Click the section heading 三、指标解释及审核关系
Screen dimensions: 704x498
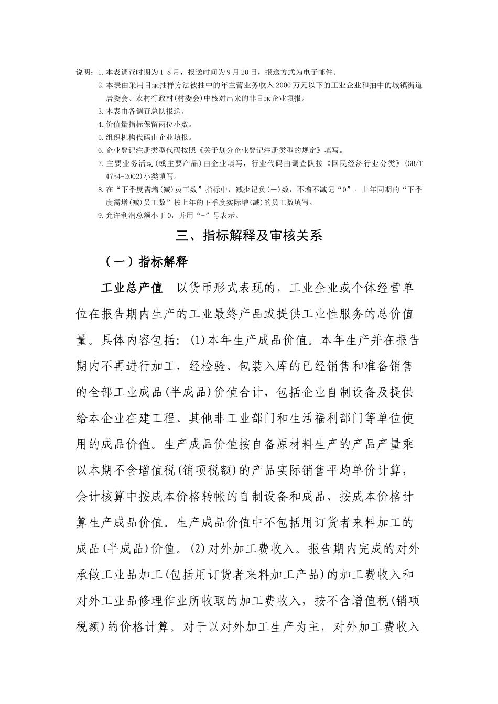pos(248,236)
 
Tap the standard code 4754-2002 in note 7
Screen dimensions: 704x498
pos(121,176)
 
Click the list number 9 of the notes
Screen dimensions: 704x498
pos(100,215)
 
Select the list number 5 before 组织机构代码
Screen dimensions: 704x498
pos(100,137)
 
